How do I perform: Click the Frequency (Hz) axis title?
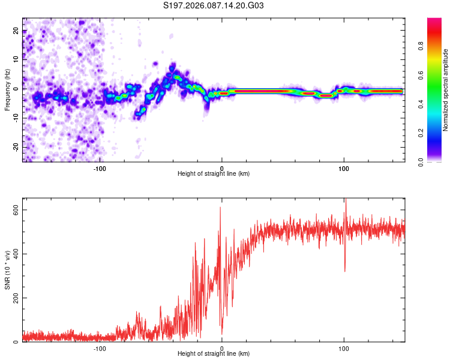point(7,90)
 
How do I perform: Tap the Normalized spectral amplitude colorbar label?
point(446,90)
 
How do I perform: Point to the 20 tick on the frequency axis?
point(16,31)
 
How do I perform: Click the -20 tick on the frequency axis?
point(16,147)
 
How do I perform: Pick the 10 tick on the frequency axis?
point(16,60)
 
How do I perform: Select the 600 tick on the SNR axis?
point(16,209)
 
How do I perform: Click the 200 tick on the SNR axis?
point(16,298)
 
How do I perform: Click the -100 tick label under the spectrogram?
point(100,167)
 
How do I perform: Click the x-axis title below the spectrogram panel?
point(214,174)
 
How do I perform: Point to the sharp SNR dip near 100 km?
point(344,270)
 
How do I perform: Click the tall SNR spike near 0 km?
point(220,208)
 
